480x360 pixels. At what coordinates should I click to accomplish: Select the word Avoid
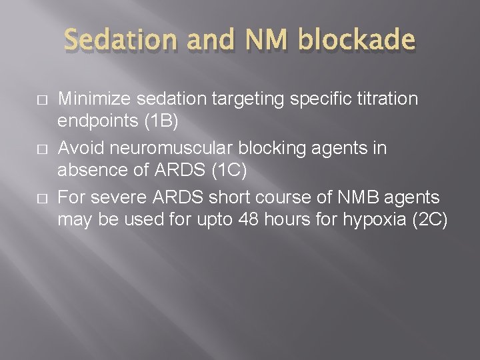click(79, 147)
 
